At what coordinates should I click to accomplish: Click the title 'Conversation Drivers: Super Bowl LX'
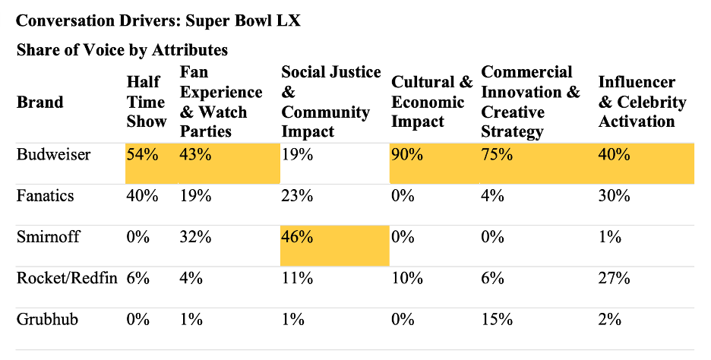[x=158, y=21]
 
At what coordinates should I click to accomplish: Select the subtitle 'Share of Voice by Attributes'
[x=122, y=50]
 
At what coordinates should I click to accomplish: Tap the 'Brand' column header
[x=39, y=102]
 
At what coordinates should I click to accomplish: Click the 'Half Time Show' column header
[x=147, y=102]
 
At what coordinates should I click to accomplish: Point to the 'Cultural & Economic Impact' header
[x=431, y=102]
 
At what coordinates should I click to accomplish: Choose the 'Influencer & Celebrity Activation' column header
[x=642, y=102]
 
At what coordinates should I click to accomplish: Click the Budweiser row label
[x=53, y=155]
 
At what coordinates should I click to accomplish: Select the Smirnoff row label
[x=46, y=236]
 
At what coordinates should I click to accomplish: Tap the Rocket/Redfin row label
[x=67, y=277]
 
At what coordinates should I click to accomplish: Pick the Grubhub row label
[x=46, y=318]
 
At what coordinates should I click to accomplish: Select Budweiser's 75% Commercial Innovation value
[x=498, y=155]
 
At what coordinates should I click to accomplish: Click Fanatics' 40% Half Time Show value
[x=143, y=196]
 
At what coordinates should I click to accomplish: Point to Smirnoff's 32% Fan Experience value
[x=195, y=236]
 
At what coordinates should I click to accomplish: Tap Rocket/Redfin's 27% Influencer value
[x=615, y=277]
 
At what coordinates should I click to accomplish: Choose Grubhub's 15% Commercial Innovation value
[x=498, y=318]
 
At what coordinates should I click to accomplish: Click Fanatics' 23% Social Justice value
[x=297, y=196]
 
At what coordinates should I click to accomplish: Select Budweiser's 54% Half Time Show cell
[x=143, y=155]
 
